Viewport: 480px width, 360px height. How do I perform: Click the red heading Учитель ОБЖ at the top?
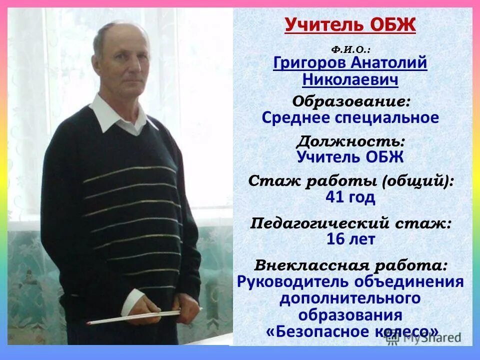click(350, 24)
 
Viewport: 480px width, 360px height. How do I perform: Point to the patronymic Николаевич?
click(350, 80)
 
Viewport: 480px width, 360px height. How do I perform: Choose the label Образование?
click(351, 101)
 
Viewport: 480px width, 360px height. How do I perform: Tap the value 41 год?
click(350, 197)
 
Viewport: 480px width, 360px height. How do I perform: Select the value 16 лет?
click(350, 239)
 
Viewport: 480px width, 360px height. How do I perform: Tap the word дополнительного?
click(350, 298)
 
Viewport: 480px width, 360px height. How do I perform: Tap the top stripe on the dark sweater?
click(130, 173)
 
